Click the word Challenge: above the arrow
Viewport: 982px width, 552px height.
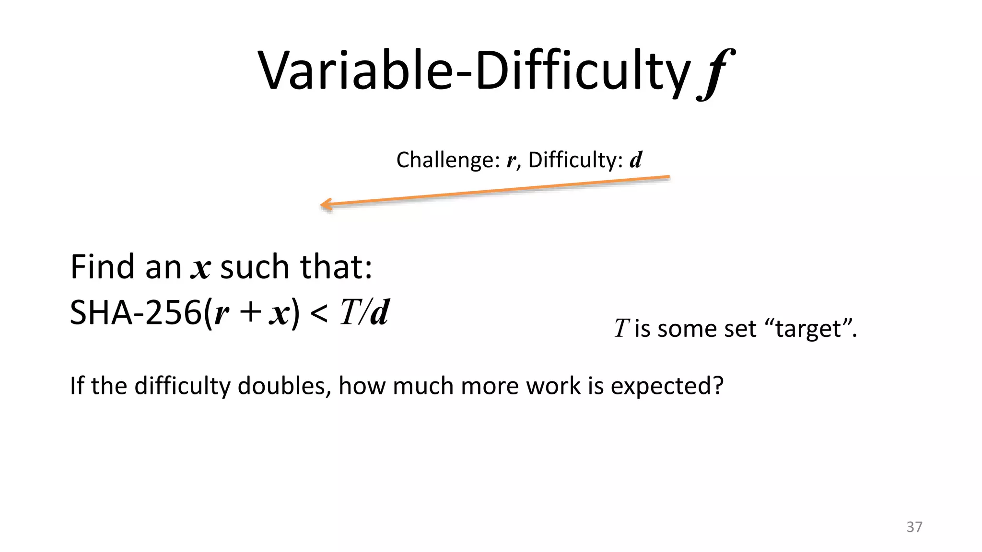tap(448, 160)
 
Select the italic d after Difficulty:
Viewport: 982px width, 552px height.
tap(636, 160)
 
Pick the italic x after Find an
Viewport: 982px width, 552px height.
tap(200, 268)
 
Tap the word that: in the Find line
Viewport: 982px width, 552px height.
tap(336, 267)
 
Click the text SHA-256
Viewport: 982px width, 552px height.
tap(136, 313)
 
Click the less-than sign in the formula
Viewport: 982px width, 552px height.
tap(319, 314)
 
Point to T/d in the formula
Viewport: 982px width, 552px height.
tap(364, 313)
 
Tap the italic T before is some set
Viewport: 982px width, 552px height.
tap(621, 329)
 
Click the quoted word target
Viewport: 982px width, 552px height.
tap(807, 329)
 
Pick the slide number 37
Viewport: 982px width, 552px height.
tap(914, 527)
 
